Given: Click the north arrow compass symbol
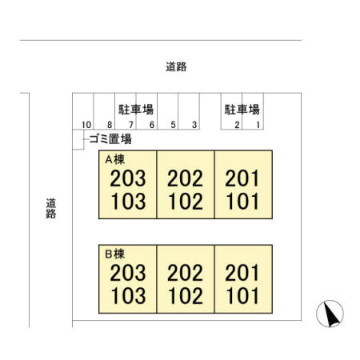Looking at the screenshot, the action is point(330,314).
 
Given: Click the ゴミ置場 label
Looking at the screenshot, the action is point(110,139).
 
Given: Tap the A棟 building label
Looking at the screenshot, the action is point(115,159).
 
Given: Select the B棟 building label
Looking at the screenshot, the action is point(115,254).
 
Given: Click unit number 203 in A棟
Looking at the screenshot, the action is point(128,178).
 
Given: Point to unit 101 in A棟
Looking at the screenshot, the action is point(242,201).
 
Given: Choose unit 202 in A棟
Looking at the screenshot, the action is point(185,178).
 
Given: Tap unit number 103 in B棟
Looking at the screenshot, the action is point(128,295).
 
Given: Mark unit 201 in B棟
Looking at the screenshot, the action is point(242,273).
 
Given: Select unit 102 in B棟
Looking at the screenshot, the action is point(186,295).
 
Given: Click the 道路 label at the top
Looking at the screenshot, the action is point(176,66).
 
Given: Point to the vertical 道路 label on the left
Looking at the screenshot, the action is point(51,208).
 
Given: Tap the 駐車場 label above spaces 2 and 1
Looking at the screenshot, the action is point(242,110).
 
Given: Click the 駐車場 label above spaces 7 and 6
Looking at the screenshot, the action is point(136,110).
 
